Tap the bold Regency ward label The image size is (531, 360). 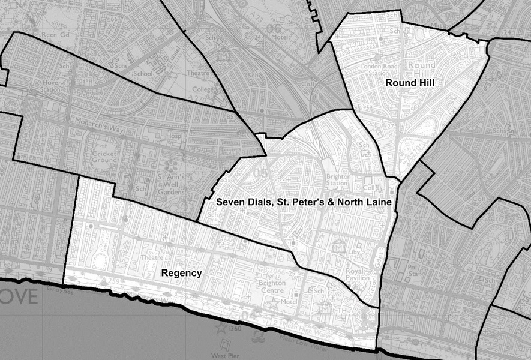tap(181, 273)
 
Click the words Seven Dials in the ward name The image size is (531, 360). tap(239, 203)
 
